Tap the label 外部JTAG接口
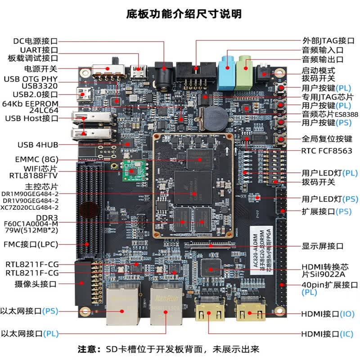(x=323, y=40)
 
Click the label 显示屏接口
(x=323, y=246)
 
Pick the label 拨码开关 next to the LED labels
(x=318, y=182)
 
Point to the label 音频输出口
(x=323, y=59)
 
